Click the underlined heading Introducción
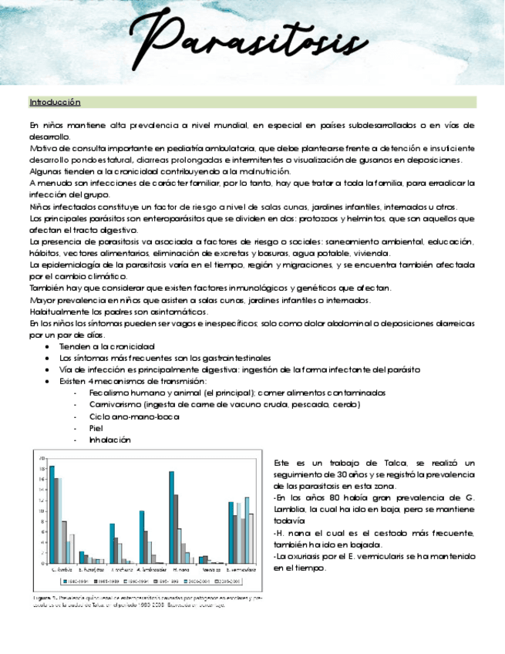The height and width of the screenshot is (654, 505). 54,102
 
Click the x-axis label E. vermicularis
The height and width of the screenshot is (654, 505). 240,569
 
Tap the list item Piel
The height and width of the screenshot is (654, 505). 96,428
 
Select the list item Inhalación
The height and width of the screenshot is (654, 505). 109,440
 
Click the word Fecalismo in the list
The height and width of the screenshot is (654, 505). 112,393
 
